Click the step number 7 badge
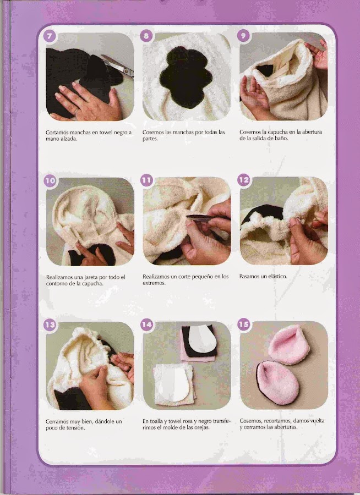(x=50, y=36)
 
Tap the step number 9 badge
(x=243, y=36)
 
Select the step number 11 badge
(x=146, y=180)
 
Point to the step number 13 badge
(x=50, y=325)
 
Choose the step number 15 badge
(x=244, y=324)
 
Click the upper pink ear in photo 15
(x=288, y=345)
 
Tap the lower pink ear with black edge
(x=277, y=383)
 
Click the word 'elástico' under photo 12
(x=278, y=277)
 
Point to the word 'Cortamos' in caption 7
(x=57, y=133)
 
